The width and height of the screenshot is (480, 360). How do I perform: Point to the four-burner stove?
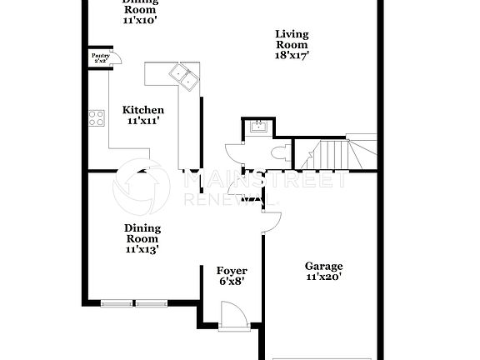[97, 118]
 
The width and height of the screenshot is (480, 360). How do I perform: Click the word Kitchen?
[143, 110]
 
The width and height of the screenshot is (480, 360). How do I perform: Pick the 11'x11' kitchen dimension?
[143, 121]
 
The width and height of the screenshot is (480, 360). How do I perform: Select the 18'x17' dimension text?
[292, 57]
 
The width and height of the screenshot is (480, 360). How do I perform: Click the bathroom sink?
[257, 127]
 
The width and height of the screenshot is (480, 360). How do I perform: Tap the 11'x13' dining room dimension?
[142, 248]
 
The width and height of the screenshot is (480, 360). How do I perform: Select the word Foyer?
[231, 271]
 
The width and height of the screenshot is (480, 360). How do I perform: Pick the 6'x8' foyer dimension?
[231, 282]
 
